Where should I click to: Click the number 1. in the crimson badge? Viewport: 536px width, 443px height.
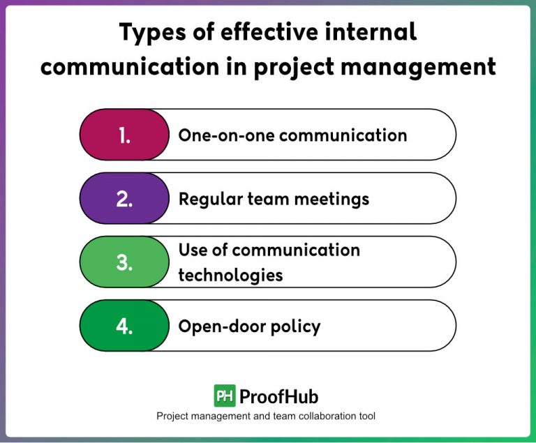[x=125, y=135]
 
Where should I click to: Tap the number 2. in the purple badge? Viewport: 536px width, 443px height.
[x=125, y=199]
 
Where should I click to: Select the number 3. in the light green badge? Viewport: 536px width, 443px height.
[x=125, y=263]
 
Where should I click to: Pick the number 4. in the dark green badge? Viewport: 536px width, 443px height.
[x=125, y=326]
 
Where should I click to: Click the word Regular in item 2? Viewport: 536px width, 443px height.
[x=207, y=200]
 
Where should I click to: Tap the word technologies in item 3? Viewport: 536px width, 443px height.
[x=230, y=275]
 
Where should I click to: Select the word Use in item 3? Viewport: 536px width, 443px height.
[x=193, y=250]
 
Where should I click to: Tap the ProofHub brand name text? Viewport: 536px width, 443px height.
[x=278, y=396]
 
